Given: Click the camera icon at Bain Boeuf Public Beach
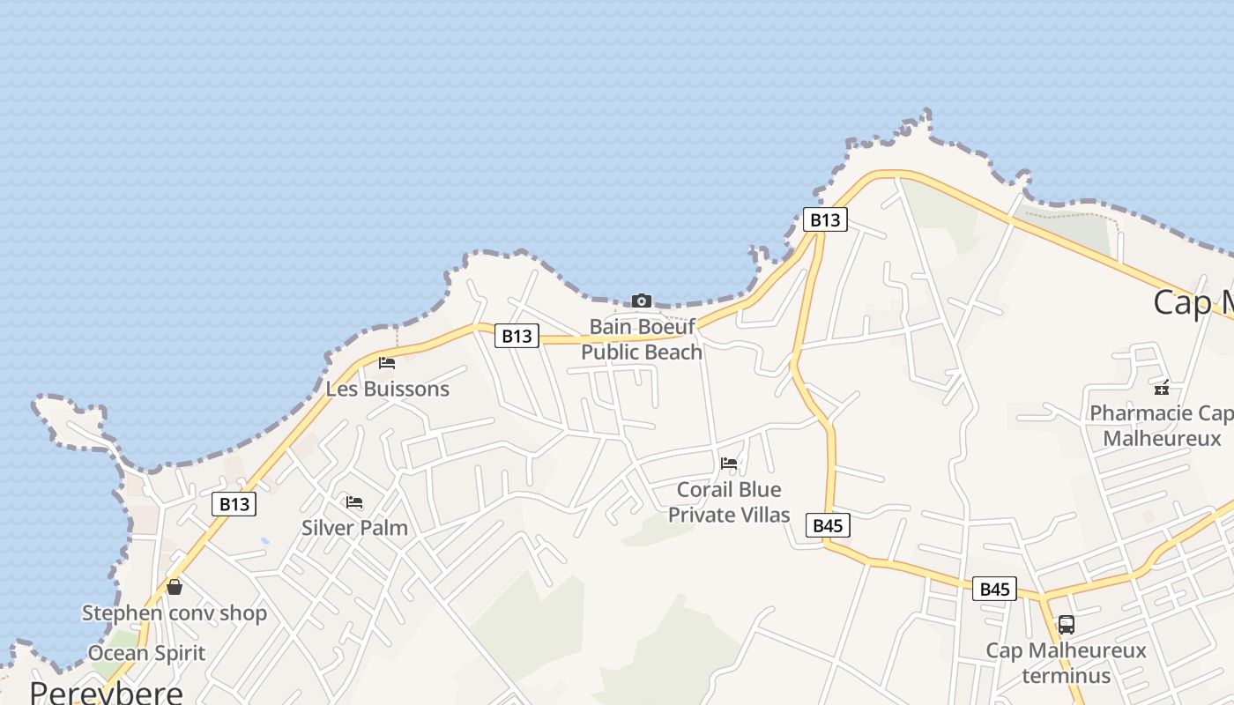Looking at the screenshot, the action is [642, 301].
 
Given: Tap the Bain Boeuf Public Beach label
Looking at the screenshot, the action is [642, 339].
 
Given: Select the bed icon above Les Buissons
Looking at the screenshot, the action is [386, 362].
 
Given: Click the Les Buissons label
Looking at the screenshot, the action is [388, 389].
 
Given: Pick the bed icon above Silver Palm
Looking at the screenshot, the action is [354, 502].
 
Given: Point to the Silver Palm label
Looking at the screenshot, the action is [354, 528].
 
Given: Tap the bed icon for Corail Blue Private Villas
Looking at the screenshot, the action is [729, 463].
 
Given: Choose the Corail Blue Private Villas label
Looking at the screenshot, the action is [729, 501].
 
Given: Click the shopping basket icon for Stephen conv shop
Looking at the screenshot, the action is [175, 586].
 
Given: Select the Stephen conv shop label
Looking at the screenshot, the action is [175, 612].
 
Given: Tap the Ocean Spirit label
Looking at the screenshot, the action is [146, 653].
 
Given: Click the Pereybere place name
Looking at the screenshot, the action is [106, 691].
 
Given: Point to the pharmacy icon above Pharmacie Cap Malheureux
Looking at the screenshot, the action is [1162, 387].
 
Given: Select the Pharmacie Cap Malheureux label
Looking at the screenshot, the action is [1162, 426].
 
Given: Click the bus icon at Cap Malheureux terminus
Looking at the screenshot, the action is [1066, 625].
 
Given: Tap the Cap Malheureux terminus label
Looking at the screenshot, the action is [1066, 664].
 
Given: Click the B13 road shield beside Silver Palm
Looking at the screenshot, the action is [234, 504].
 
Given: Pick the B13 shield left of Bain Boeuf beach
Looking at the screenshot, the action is [517, 336].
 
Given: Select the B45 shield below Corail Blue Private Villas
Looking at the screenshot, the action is [828, 526].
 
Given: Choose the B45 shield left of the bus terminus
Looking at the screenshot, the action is [994, 589].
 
